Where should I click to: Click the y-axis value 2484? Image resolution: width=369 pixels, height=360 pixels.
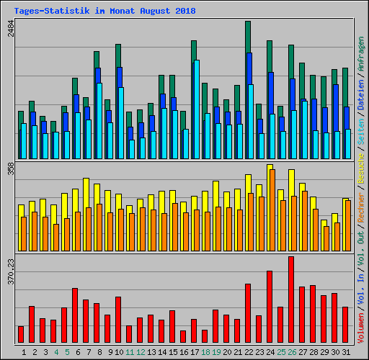click(x=10, y=30)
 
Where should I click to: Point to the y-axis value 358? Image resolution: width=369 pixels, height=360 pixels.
click(x=10, y=169)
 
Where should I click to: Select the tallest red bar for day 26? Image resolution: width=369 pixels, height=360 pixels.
click(x=291, y=300)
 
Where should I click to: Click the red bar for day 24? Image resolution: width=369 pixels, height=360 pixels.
click(x=270, y=307)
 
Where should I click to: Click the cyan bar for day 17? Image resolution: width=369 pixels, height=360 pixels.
click(x=196, y=109)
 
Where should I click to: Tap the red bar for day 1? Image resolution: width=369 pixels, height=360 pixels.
click(x=21, y=334)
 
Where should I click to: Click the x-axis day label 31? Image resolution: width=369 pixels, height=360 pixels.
click(x=345, y=352)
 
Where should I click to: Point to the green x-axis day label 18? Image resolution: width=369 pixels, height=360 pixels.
click(x=205, y=352)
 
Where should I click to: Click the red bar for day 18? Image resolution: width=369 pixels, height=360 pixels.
click(x=205, y=336)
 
